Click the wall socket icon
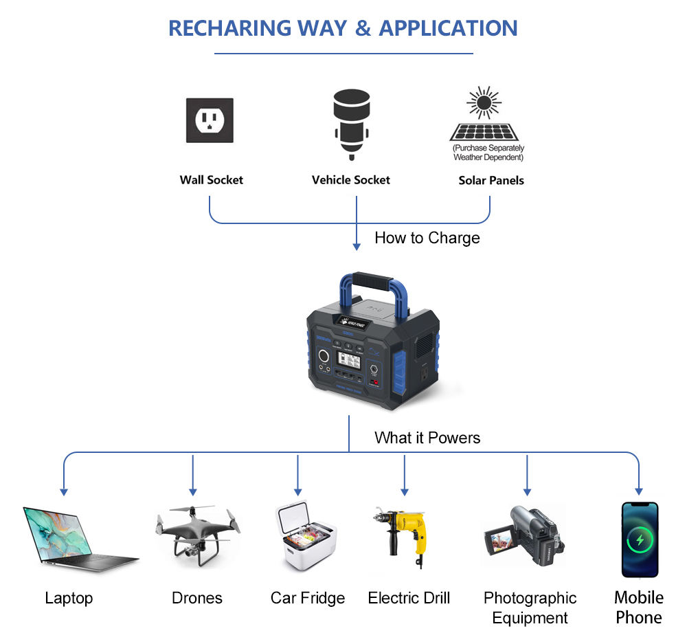[x=210, y=120]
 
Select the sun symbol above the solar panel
[x=484, y=103]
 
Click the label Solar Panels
[x=491, y=181]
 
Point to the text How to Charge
[x=427, y=238]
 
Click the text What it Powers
[x=427, y=438]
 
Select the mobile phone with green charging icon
[x=640, y=540]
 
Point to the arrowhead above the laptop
[x=64, y=491]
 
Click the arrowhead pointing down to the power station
[x=357, y=246]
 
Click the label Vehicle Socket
[x=350, y=180]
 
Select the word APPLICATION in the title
[x=448, y=28]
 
